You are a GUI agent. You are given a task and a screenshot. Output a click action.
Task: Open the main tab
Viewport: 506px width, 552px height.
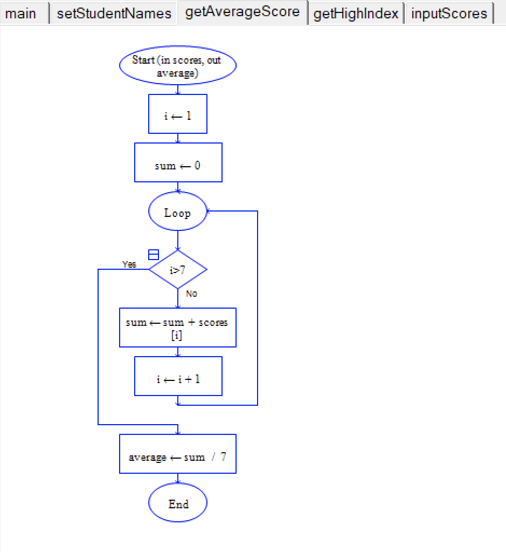21,13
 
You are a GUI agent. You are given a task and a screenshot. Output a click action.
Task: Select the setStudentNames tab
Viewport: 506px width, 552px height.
114,13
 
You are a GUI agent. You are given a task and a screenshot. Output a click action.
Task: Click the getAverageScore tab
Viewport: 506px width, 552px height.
242,12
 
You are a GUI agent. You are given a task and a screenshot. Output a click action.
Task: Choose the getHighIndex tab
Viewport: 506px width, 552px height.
356,13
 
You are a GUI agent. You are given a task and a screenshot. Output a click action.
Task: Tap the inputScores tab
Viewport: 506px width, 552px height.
449,13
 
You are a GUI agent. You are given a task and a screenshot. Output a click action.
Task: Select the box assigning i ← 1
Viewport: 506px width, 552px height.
177,114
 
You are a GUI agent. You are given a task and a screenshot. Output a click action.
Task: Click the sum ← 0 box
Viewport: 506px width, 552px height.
177,162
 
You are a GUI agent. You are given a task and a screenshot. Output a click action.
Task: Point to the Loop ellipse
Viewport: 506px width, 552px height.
177,212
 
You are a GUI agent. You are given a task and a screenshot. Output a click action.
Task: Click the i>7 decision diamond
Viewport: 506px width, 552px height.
177,269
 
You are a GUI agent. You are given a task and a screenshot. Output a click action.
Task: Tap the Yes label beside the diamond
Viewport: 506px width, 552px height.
129,264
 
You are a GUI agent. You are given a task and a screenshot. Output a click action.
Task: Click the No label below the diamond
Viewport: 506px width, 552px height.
191,294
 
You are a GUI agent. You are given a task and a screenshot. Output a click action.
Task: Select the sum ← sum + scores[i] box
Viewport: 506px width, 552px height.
177,328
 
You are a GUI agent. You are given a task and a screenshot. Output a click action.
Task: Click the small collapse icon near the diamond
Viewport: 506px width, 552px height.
154,255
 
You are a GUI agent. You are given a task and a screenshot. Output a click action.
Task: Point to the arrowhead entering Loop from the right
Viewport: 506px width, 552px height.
210,211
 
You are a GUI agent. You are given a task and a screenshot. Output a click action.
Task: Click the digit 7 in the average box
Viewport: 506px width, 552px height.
223,457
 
